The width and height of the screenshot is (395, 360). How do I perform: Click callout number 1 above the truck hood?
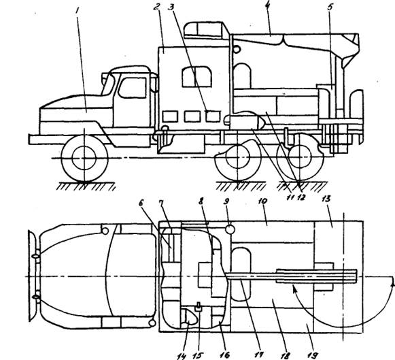click(78, 11)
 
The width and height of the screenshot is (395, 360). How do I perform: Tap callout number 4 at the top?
click(268, 5)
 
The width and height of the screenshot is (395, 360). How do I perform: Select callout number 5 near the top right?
click(330, 7)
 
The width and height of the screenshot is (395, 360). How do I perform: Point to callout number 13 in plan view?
click(326, 199)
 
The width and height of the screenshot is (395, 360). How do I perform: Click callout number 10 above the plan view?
click(262, 201)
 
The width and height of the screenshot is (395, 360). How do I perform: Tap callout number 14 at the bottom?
click(182, 356)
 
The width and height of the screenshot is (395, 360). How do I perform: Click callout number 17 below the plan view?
click(258, 355)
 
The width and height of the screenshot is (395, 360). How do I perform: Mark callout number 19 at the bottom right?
click(312, 355)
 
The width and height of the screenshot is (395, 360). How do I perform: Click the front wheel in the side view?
click(84, 158)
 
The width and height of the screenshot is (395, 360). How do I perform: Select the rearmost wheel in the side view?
click(300, 157)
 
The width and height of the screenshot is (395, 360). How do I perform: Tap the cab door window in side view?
click(133, 88)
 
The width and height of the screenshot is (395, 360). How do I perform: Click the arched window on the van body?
click(196, 77)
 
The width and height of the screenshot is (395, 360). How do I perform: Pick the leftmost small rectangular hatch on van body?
click(170, 117)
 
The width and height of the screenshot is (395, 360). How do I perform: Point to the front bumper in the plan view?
click(33, 276)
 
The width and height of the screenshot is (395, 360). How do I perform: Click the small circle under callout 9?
click(230, 229)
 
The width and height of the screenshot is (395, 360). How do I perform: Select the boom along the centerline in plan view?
click(292, 276)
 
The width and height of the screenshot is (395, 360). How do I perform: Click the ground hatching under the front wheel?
click(86, 186)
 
